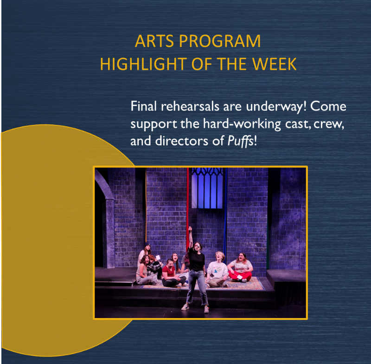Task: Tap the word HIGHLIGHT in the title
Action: tap(143, 64)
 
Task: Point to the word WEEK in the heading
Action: tap(274, 64)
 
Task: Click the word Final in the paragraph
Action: tap(144, 106)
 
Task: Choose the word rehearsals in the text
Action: tap(190, 106)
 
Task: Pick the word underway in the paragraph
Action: tap(276, 107)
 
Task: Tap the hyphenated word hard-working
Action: tap(242, 124)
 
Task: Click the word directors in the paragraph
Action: tap(181, 141)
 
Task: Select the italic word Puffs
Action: tap(240, 142)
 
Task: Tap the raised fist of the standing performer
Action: tap(190, 229)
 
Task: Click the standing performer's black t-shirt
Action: tap(196, 259)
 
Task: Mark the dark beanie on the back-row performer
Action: tap(147, 245)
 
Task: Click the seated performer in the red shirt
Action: tap(172, 273)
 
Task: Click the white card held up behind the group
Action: tap(158, 257)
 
